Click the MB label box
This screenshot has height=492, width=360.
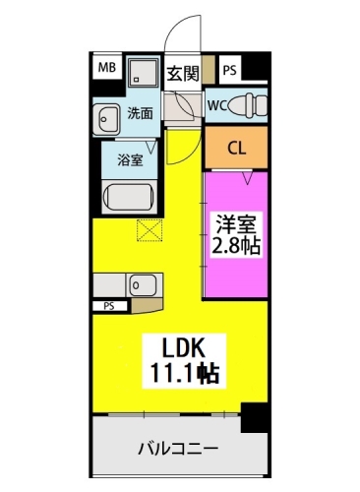[x=107, y=68]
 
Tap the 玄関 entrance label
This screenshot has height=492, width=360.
[x=183, y=73]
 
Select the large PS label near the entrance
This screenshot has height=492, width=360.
[x=230, y=70]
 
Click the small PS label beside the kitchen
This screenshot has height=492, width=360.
[x=109, y=306]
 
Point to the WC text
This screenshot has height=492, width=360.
[x=217, y=105]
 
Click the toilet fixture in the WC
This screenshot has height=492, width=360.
[x=248, y=105]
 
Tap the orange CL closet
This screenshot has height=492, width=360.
[x=236, y=148]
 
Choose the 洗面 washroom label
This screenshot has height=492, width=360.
[x=140, y=113]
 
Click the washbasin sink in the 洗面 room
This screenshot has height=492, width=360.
[x=106, y=119]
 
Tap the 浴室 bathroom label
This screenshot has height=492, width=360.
[x=131, y=160]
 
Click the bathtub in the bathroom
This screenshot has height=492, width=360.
[x=129, y=197]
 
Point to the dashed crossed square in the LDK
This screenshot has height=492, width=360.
[x=150, y=230]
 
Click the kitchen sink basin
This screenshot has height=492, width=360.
[x=143, y=285]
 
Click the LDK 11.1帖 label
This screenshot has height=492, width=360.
[x=184, y=361]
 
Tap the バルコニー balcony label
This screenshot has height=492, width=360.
[x=178, y=448]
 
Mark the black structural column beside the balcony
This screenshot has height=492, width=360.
[x=255, y=417]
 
